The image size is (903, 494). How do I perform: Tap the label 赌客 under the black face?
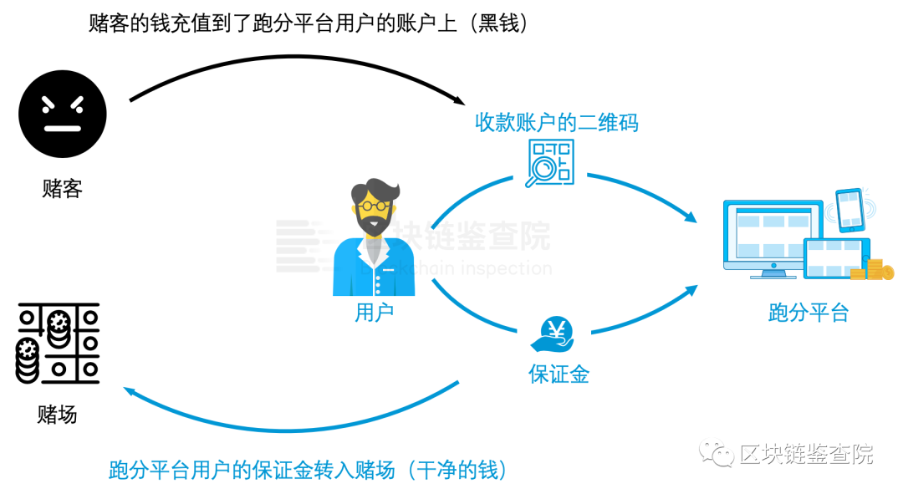click(x=63, y=189)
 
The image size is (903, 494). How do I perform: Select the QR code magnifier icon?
click(x=549, y=162)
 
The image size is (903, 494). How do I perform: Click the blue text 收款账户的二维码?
click(x=557, y=123)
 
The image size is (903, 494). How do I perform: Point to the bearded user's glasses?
click(x=373, y=204)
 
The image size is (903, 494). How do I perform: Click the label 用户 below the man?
click(x=374, y=313)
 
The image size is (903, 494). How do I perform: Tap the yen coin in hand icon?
click(x=553, y=334)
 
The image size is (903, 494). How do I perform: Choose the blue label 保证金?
click(x=559, y=374)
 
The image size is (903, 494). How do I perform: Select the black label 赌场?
click(x=58, y=414)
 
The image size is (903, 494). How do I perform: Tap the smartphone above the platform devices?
click(x=849, y=208)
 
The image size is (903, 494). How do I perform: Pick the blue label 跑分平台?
click(x=808, y=313)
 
